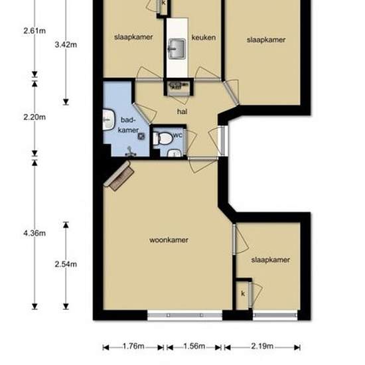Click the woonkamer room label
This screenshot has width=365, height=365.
pyautogui.click(x=169, y=240)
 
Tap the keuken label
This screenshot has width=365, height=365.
pyautogui.click(x=204, y=37)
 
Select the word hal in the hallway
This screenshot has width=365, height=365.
pyautogui.click(x=183, y=111)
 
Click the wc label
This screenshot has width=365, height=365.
pyautogui.click(x=178, y=135)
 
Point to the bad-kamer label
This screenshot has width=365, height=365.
pyautogui.click(x=128, y=125)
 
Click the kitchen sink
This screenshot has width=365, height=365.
pyautogui.click(x=177, y=48)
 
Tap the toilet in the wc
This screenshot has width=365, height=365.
pyautogui.click(x=163, y=138)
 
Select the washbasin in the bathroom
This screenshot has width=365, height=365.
pyautogui.click(x=109, y=119)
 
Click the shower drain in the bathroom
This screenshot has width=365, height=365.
pyautogui.click(x=141, y=136)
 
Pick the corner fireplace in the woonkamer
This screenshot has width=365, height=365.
pyautogui.click(x=119, y=175)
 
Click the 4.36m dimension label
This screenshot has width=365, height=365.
pyautogui.click(x=35, y=233)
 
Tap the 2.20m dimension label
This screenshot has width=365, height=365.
pyautogui.click(x=35, y=117)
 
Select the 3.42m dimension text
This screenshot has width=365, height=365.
pyautogui.click(x=66, y=44)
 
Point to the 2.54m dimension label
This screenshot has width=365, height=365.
pyautogui.click(x=66, y=264)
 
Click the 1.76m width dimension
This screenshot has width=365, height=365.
pyautogui.click(x=133, y=346)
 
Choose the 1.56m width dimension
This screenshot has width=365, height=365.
pyautogui.click(x=194, y=346)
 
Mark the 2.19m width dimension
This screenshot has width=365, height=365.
pyautogui.click(x=262, y=346)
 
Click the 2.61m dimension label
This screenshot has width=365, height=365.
pyautogui.click(x=35, y=31)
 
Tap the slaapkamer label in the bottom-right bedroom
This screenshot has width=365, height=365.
pyautogui.click(x=271, y=259)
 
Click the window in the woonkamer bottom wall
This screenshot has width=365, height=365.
pyautogui.click(x=185, y=315)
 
